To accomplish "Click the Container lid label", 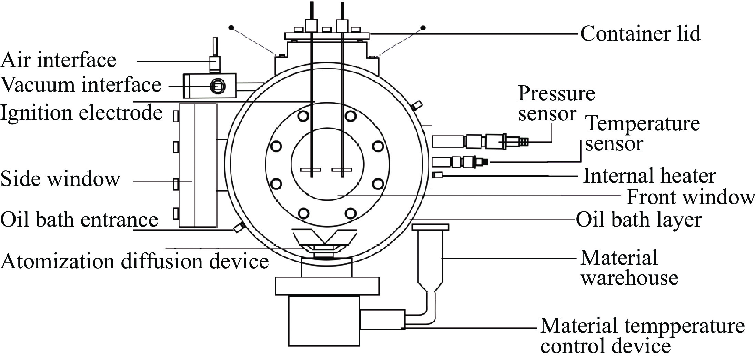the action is [641, 34].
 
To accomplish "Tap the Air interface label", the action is [59, 60].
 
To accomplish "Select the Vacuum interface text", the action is [81, 84].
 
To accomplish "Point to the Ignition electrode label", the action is [81, 113].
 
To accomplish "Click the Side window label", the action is [60, 179].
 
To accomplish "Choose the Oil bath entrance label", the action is [79, 219].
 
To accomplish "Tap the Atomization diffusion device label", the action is [134, 261].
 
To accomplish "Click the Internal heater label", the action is [649, 176].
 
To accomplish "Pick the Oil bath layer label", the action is [639, 220].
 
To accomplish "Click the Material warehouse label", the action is [629, 268].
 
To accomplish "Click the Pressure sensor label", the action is [556, 103].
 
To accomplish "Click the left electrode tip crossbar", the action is [311, 169].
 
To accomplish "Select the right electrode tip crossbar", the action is [342, 169].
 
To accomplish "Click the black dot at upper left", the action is [232, 27].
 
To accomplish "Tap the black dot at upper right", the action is [424, 28].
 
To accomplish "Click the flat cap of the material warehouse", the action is [430, 227].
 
